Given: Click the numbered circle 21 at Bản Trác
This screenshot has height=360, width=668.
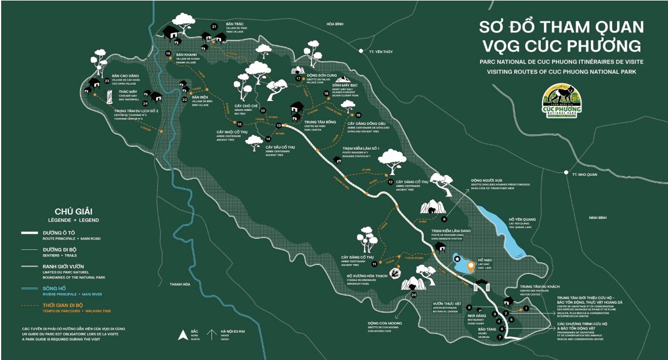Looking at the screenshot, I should [214, 27].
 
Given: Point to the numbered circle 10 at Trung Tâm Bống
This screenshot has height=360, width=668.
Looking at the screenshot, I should [279, 125].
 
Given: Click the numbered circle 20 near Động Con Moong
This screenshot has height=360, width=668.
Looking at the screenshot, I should [414, 295].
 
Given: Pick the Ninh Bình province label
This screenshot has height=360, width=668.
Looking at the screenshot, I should [597, 218].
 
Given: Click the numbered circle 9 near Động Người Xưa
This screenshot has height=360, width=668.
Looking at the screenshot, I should [444, 219].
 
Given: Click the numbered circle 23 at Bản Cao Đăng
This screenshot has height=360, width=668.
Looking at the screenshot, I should [107, 81].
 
